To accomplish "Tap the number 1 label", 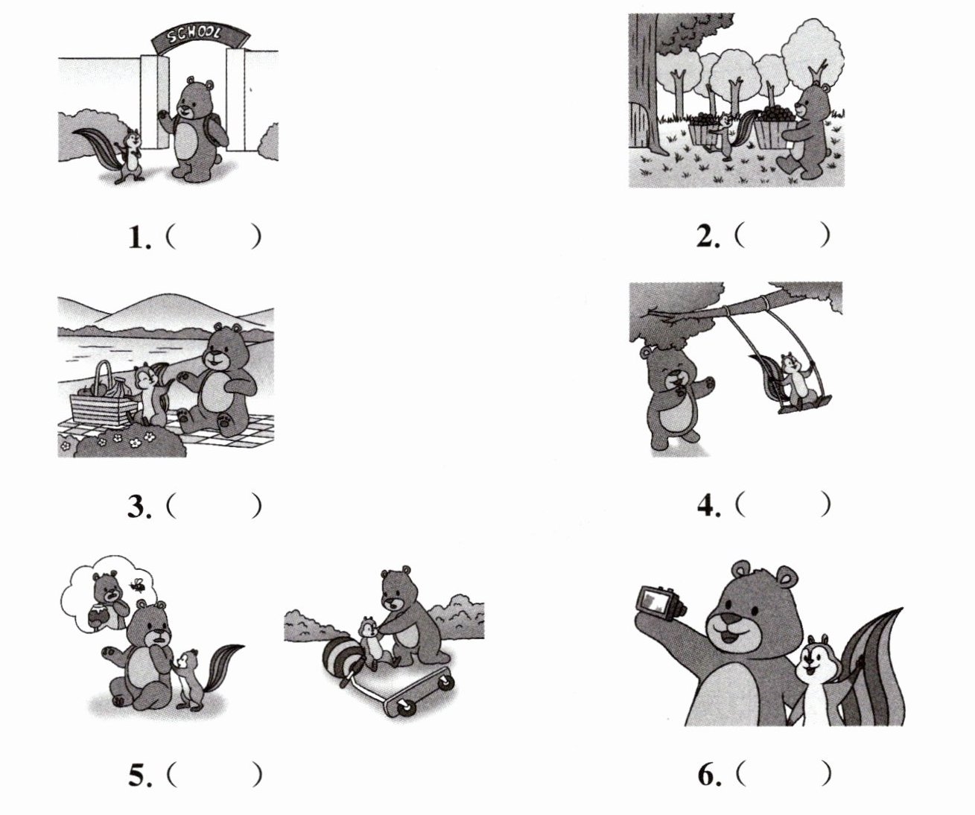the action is (139, 238).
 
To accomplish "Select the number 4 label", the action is (708, 505).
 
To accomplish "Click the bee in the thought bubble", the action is (139, 585).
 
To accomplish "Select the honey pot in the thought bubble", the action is (99, 617).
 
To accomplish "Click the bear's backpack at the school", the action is (218, 132).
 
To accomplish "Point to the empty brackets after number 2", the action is (783, 236).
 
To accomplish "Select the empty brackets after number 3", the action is (214, 506).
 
